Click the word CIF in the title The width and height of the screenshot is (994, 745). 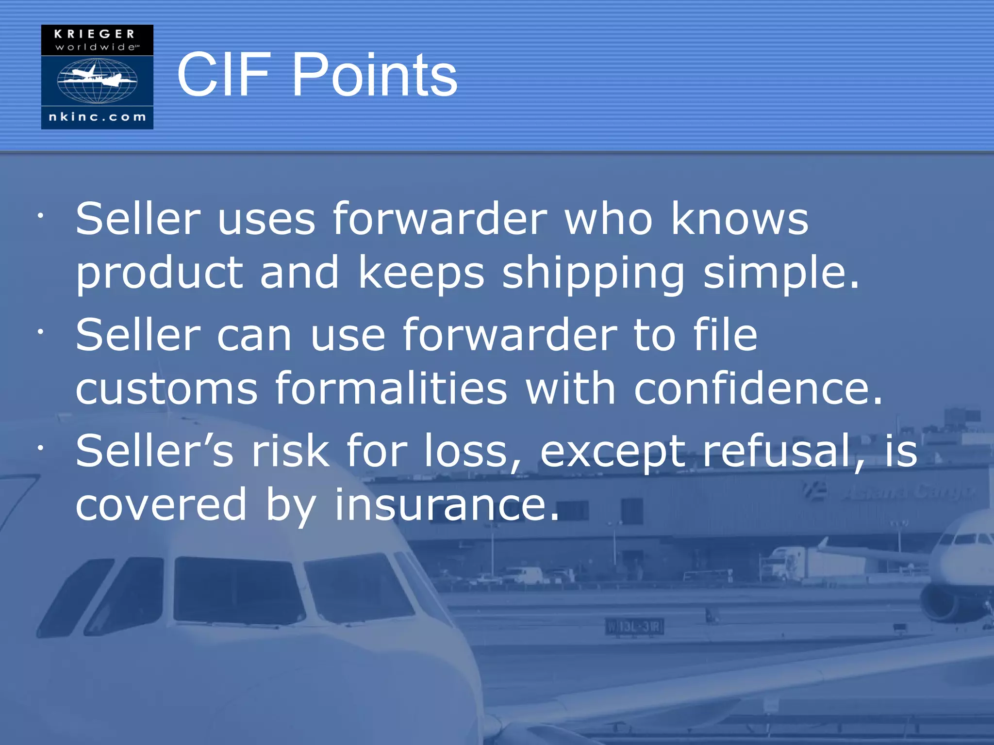pyautogui.click(x=223, y=75)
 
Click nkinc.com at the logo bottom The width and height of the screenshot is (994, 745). pyautogui.click(x=97, y=117)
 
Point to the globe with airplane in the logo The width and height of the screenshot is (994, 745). pyautogui.click(x=97, y=80)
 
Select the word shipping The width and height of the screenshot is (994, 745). pyautogui.click(x=593, y=273)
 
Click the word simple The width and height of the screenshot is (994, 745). pyautogui.click(x=780, y=273)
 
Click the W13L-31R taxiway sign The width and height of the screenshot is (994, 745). pyautogui.click(x=634, y=627)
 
